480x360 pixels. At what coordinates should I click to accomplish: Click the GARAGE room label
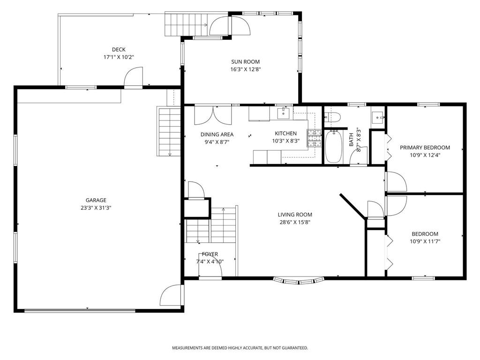coord(96,200)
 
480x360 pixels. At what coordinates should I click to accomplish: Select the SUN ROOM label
coord(245,61)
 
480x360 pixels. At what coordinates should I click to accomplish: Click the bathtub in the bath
coord(333,147)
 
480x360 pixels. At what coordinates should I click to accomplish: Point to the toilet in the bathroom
coord(333,117)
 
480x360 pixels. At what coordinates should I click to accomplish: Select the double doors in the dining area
coord(213,115)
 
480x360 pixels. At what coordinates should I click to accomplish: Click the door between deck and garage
coord(134,77)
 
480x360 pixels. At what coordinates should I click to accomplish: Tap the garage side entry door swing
coord(171,295)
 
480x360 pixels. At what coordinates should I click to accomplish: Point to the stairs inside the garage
coord(169,132)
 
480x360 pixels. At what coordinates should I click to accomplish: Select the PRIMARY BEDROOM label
coord(425,147)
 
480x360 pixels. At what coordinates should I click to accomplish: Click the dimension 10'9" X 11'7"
coord(425,241)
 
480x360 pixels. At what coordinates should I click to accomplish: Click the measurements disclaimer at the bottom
coord(240,348)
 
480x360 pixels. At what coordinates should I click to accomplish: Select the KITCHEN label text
coord(285,134)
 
